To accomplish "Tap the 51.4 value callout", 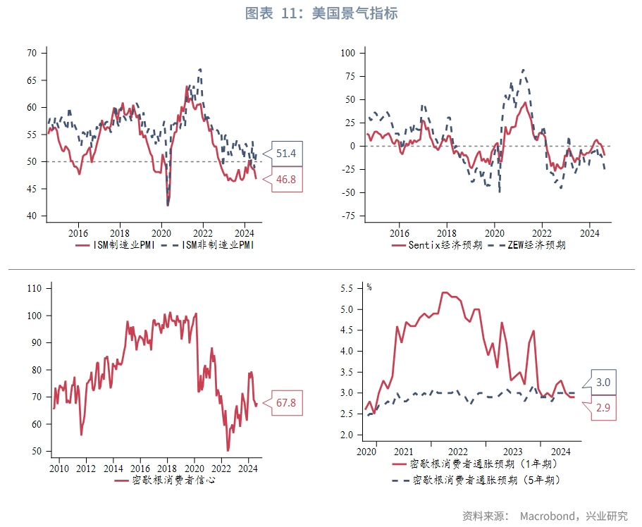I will coord(286,154).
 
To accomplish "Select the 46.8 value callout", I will coord(286,180).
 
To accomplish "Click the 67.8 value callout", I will coord(285,402).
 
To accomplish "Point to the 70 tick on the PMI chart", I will coord(32,53).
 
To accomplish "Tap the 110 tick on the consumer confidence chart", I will coord(34,288).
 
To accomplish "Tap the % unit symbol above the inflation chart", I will coord(369,287).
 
